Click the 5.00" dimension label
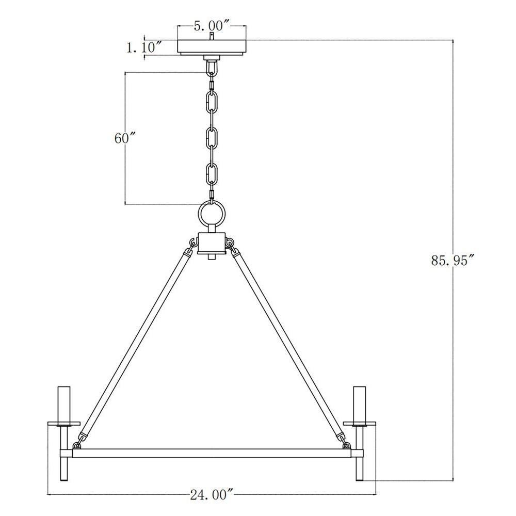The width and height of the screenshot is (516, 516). (212, 26)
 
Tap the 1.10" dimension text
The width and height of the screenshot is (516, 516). (144, 47)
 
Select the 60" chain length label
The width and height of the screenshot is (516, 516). (125, 138)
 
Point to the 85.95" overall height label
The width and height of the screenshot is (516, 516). (454, 260)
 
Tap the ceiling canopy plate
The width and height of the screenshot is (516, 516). (212, 47)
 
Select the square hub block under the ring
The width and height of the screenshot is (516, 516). (212, 243)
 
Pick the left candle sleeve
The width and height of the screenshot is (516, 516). (64, 405)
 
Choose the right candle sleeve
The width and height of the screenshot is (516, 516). (359, 405)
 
